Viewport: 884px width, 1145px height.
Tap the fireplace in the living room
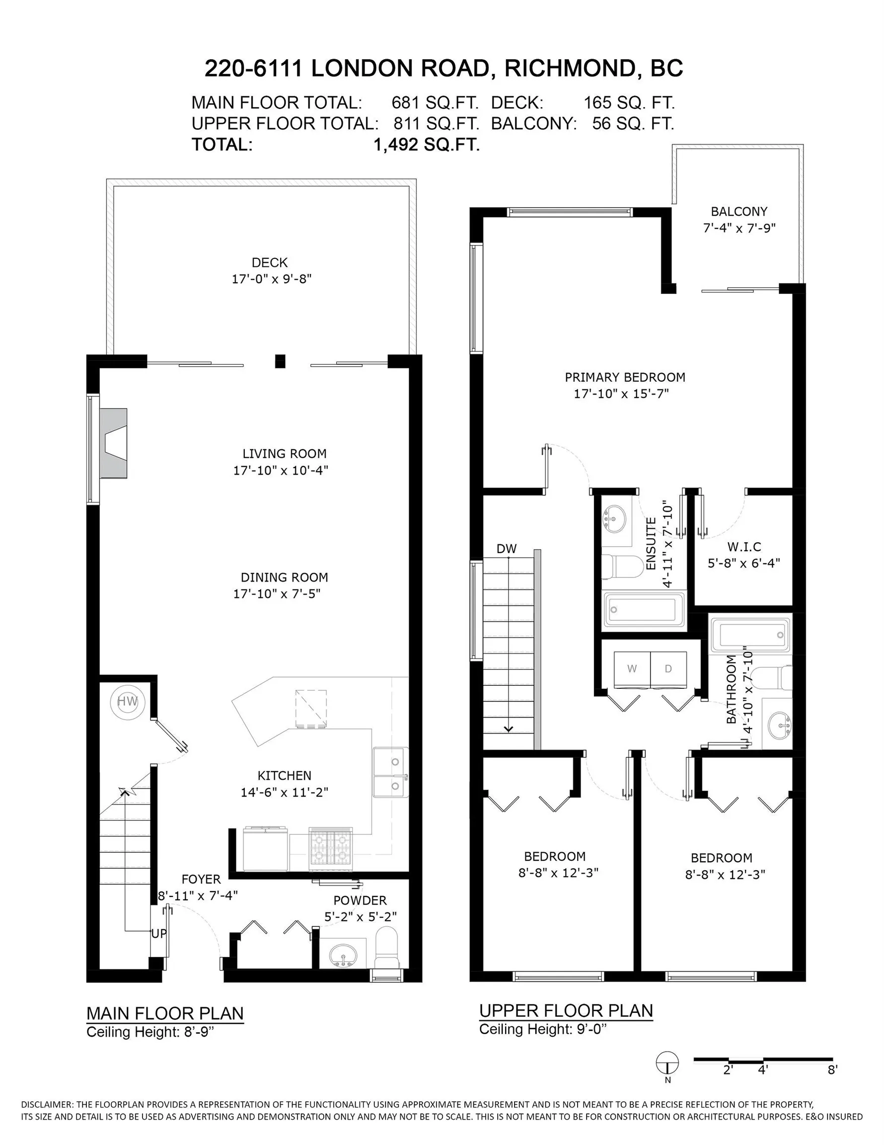(x=113, y=443)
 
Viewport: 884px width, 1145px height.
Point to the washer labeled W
(x=632, y=668)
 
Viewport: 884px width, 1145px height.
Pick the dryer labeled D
(x=668, y=668)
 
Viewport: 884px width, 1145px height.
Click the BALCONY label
(x=739, y=211)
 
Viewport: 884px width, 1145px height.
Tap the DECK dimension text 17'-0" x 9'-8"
(x=272, y=279)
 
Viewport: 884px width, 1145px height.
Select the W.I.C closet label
(x=744, y=547)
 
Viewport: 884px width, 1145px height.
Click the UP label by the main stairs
(x=159, y=934)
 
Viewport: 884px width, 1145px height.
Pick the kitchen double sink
(x=390, y=773)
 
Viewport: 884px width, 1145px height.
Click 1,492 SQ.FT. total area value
(x=427, y=145)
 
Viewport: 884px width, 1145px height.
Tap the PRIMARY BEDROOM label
(x=625, y=377)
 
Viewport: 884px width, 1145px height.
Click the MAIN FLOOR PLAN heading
(x=165, y=1013)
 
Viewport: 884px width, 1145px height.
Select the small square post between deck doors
(x=280, y=361)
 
